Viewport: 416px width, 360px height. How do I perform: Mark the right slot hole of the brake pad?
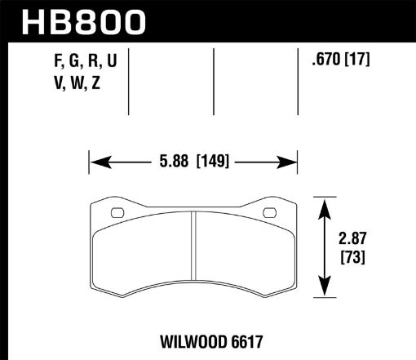pyautogui.click(x=268, y=215)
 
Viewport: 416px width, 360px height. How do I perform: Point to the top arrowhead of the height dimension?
pyautogui.click(x=325, y=204)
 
